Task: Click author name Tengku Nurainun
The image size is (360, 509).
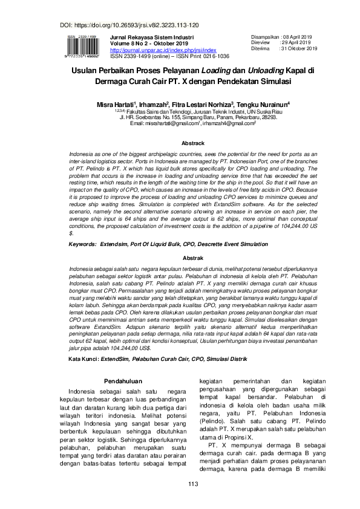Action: coord(268,104)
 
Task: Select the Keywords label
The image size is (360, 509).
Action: coord(83,244)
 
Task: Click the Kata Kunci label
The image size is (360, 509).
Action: coord(83,358)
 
